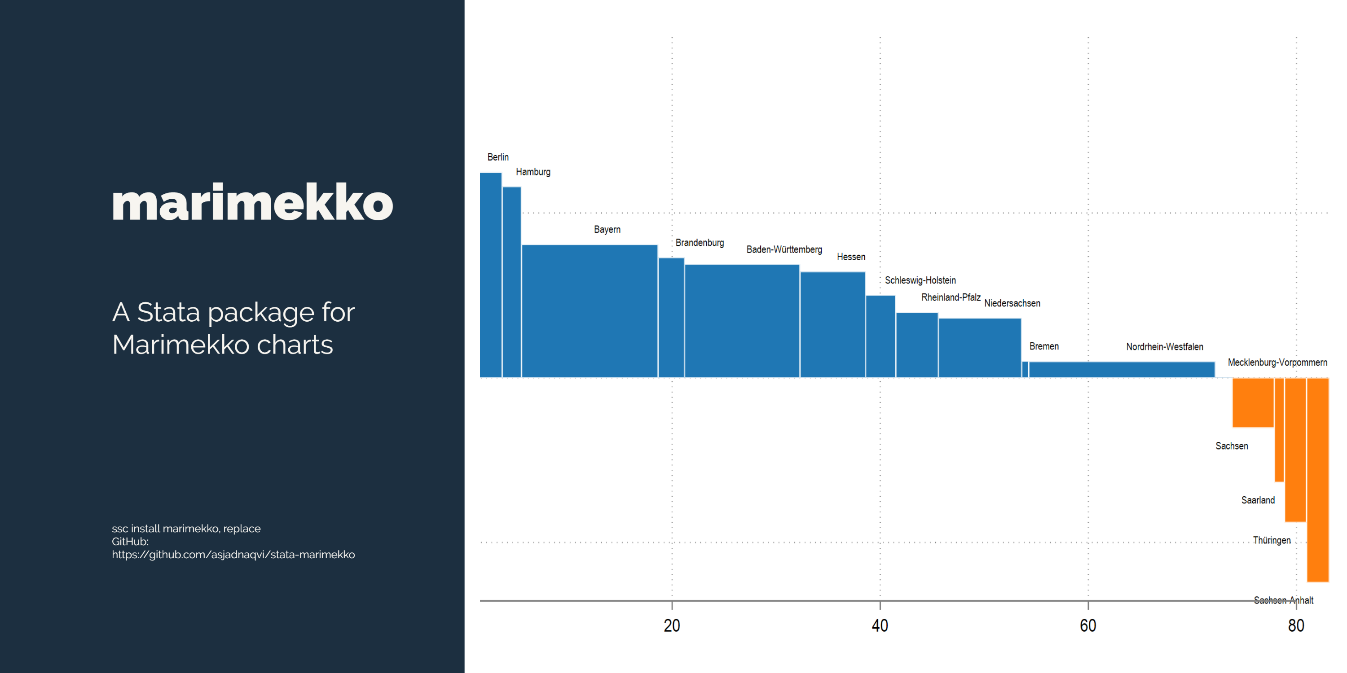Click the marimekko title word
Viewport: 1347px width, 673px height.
point(252,203)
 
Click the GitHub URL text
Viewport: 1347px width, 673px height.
point(233,555)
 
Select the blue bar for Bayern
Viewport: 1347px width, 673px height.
point(589,311)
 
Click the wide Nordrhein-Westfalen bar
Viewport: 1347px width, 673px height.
point(1121,369)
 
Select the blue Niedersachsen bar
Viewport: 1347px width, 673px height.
point(979,347)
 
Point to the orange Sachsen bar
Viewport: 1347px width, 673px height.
point(1252,402)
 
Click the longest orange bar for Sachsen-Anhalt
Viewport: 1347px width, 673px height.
point(1317,480)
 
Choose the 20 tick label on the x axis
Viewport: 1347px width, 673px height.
point(672,625)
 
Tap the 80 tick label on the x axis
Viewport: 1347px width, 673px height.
point(1296,625)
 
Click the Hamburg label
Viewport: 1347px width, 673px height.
point(533,172)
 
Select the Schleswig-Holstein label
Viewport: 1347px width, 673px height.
point(920,280)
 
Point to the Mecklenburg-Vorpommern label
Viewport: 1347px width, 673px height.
point(1277,363)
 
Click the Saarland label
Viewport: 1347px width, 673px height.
point(1258,501)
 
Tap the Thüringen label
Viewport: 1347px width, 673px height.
point(1271,540)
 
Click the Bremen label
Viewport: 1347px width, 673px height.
point(1044,346)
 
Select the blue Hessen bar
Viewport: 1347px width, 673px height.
point(832,324)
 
